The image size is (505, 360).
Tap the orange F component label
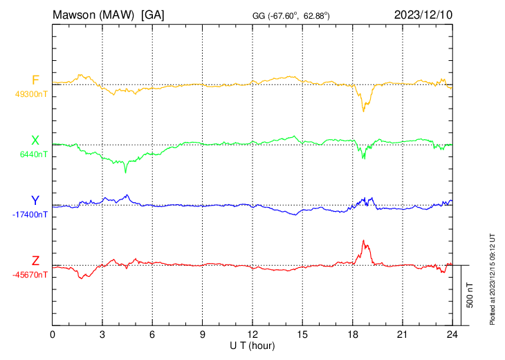pyautogui.click(x=35, y=80)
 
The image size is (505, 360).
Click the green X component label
pyautogui.click(x=35, y=141)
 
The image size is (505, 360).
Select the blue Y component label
pyautogui.click(x=35, y=201)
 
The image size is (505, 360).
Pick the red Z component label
pyautogui.click(x=35, y=260)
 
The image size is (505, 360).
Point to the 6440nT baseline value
pyautogui.click(x=32, y=154)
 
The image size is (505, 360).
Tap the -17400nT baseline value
pyautogui.click(x=29, y=215)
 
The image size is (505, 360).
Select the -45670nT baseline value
pyautogui.click(x=29, y=275)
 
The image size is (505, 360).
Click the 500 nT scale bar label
pyautogui.click(x=470, y=295)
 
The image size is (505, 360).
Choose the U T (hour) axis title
pyautogui.click(x=252, y=345)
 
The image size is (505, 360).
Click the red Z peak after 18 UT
pyautogui.click(x=364, y=242)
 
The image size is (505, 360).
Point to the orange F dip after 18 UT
pyautogui.click(x=363, y=110)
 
